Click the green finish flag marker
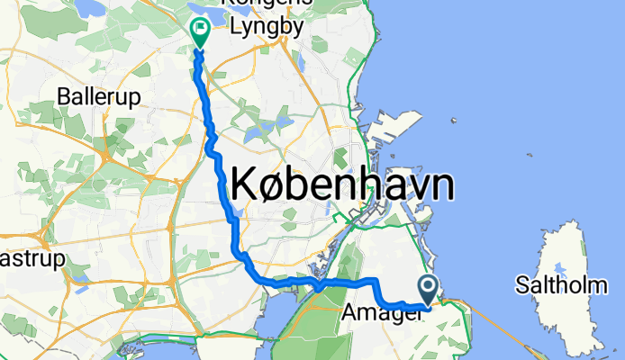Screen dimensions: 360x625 pos(198,33)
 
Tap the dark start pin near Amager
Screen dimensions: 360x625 pos(427,290)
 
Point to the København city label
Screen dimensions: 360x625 pos(342,187)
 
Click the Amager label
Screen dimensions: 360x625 pos(378,313)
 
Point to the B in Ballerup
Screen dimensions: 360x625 pos(62,94)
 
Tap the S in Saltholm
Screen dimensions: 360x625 pos(521,286)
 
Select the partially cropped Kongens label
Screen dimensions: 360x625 pos(270,4)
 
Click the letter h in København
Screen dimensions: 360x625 pos(357,185)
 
